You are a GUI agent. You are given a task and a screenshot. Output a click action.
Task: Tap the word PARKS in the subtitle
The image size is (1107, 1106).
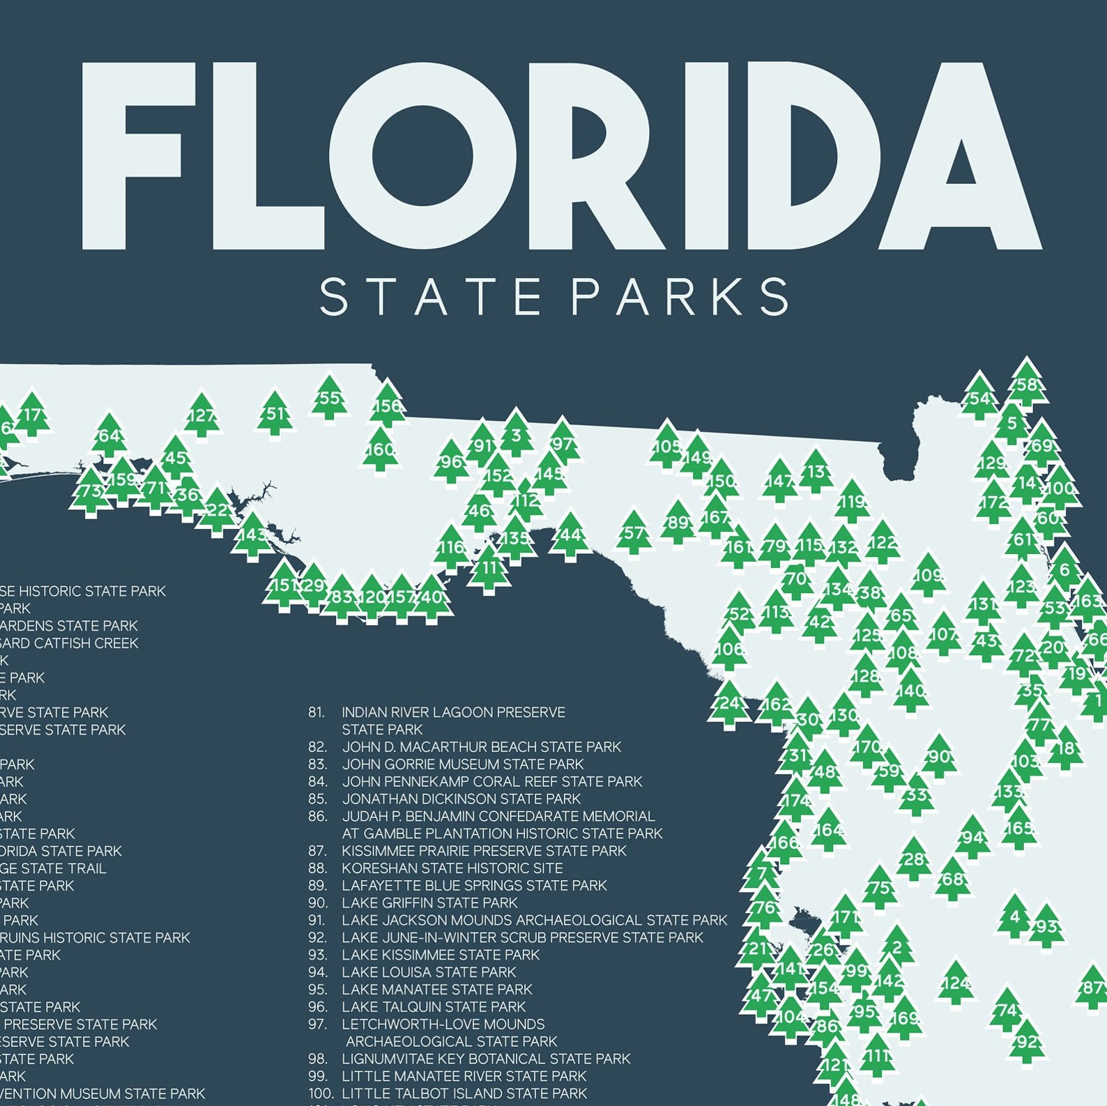[x=680, y=297]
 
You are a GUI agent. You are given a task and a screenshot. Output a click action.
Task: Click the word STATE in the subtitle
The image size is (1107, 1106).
[x=430, y=297]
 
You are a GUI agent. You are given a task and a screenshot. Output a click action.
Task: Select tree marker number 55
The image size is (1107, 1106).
[x=329, y=399]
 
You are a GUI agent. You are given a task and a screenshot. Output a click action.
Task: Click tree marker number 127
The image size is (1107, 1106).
[x=201, y=417]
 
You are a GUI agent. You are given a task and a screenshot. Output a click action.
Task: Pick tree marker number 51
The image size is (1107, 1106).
[x=275, y=414]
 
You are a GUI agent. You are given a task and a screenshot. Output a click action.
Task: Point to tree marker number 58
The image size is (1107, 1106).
[x=1026, y=385]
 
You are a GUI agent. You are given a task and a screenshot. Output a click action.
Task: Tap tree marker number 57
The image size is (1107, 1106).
[x=634, y=533]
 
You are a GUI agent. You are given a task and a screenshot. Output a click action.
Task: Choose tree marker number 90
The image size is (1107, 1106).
[x=939, y=757]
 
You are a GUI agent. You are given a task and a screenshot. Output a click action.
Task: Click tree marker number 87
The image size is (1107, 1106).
[x=1092, y=988]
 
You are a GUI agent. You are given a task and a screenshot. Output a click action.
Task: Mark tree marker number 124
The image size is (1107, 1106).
[x=955, y=984]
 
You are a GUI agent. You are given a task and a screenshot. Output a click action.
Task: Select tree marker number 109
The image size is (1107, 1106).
[x=929, y=576]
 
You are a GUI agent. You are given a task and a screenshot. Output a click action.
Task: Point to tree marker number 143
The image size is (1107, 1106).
[x=252, y=536]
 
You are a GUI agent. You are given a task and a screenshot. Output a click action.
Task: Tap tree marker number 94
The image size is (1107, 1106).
[x=973, y=838]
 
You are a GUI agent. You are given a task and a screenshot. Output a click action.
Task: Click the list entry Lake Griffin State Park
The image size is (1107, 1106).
[x=429, y=903]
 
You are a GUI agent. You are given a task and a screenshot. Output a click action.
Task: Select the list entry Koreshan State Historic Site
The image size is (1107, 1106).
[x=452, y=868]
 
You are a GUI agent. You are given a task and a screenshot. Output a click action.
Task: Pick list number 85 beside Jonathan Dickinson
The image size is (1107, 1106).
[x=317, y=799]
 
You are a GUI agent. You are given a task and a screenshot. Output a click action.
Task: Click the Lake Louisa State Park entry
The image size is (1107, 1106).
[x=429, y=972]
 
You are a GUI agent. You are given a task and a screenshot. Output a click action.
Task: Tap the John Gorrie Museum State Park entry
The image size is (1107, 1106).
[x=462, y=765]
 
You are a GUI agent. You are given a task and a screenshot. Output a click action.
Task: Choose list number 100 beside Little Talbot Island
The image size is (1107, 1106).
[x=318, y=1093]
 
